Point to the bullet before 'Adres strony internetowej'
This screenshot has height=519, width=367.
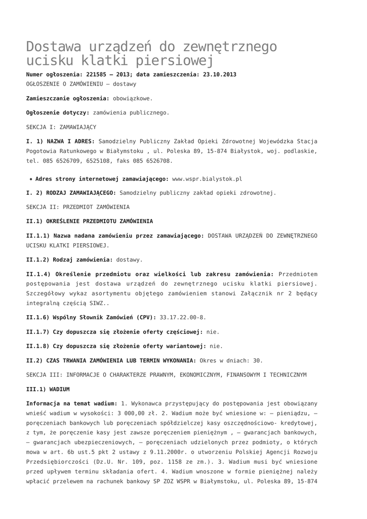coord(31,179)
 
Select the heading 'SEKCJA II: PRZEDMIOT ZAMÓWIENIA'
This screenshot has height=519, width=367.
coord(77,207)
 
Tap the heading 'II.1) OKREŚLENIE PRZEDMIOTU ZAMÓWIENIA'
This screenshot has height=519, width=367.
coord(89,221)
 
